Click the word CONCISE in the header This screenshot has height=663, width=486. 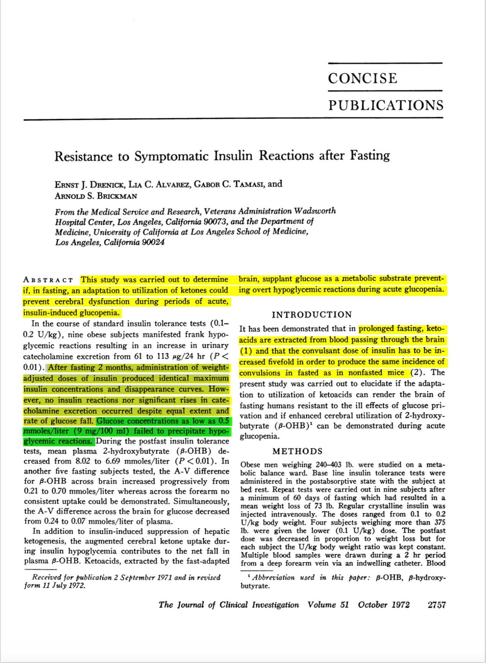point(363,78)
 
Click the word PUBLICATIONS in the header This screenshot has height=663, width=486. point(386,105)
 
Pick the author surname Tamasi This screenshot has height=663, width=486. point(248,184)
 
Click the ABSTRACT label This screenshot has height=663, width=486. point(48,280)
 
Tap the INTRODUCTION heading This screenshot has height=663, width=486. point(312,315)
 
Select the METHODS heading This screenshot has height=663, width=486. point(298,452)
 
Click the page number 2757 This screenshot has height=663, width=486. point(437,605)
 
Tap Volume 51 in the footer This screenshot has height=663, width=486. point(328,605)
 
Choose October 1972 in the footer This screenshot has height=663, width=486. point(384,605)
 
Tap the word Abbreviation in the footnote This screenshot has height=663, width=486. point(274,578)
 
